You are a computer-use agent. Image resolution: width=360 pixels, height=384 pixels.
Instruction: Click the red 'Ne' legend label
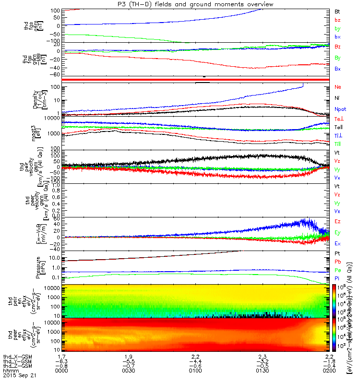(337, 87)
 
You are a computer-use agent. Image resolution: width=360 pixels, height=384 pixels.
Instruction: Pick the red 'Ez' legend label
(337, 221)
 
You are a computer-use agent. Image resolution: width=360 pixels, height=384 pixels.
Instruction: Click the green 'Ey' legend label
(337, 232)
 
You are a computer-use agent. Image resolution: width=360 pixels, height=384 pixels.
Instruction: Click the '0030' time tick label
(129, 372)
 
